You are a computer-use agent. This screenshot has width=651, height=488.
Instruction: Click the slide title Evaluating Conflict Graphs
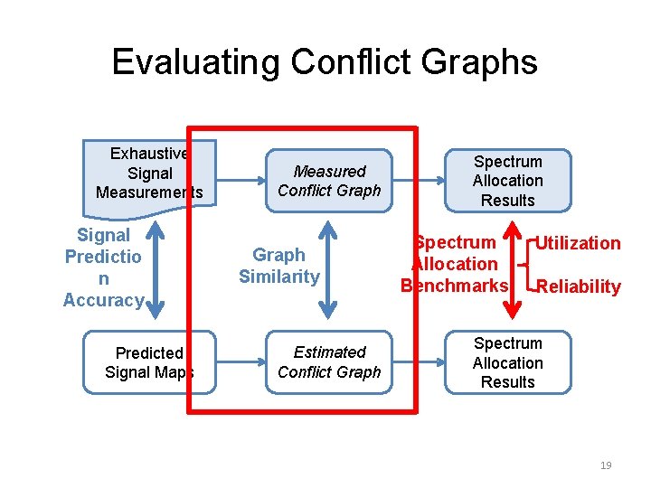coord(325,61)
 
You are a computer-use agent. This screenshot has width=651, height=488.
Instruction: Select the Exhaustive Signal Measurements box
coord(149,172)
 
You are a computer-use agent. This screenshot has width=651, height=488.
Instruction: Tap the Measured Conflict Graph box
coord(330,180)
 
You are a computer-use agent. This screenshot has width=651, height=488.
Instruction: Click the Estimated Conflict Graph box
coord(330,361)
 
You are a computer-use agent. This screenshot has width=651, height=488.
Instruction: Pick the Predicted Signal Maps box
coord(149,361)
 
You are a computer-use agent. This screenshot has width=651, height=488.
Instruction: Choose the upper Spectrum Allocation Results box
coord(507,181)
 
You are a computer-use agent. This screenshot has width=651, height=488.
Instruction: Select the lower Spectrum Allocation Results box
coord(507,362)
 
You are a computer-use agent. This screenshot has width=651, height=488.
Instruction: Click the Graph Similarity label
coord(278,266)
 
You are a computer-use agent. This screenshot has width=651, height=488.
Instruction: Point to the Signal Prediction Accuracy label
coord(103,267)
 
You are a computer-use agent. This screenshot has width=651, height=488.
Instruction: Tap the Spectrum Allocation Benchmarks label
coord(455,264)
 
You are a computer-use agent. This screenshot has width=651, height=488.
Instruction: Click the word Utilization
coord(578,242)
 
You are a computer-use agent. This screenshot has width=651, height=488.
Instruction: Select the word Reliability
coord(578,286)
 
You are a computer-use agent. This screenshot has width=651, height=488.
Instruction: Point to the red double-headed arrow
coord(513,271)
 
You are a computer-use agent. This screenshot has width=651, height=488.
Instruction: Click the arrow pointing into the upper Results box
coord(429,180)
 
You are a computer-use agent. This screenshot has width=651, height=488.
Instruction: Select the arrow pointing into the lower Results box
coord(429,361)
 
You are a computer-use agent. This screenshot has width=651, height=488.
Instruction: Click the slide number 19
coord(606,465)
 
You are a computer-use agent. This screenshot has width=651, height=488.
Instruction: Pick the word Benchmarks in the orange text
coord(455,286)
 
